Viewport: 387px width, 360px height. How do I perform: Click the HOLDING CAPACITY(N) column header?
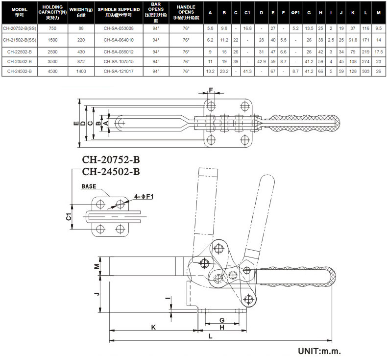tap(51, 12)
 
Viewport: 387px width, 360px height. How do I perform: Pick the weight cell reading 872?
tap(82, 61)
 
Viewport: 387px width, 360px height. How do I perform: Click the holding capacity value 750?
tap(51, 29)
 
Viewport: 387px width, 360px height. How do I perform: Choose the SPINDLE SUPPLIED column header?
tap(119, 9)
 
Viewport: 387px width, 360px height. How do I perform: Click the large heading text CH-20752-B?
tap(111, 160)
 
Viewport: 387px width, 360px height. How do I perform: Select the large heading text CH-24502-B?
tap(111, 172)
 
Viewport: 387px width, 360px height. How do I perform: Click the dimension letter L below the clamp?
tap(210, 336)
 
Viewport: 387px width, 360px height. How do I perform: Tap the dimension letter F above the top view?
tap(211, 90)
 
